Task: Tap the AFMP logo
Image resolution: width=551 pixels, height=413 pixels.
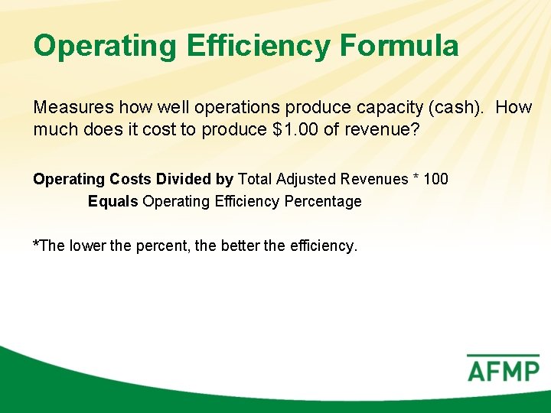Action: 503,369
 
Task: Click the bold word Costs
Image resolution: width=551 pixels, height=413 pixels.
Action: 129,179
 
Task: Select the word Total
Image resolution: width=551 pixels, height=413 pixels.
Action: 256,179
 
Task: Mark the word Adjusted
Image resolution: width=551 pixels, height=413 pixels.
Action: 308,179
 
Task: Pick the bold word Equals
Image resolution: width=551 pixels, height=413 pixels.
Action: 113,202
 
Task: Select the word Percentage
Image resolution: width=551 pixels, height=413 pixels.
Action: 324,202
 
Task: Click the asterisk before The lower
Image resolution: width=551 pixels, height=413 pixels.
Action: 35,244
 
